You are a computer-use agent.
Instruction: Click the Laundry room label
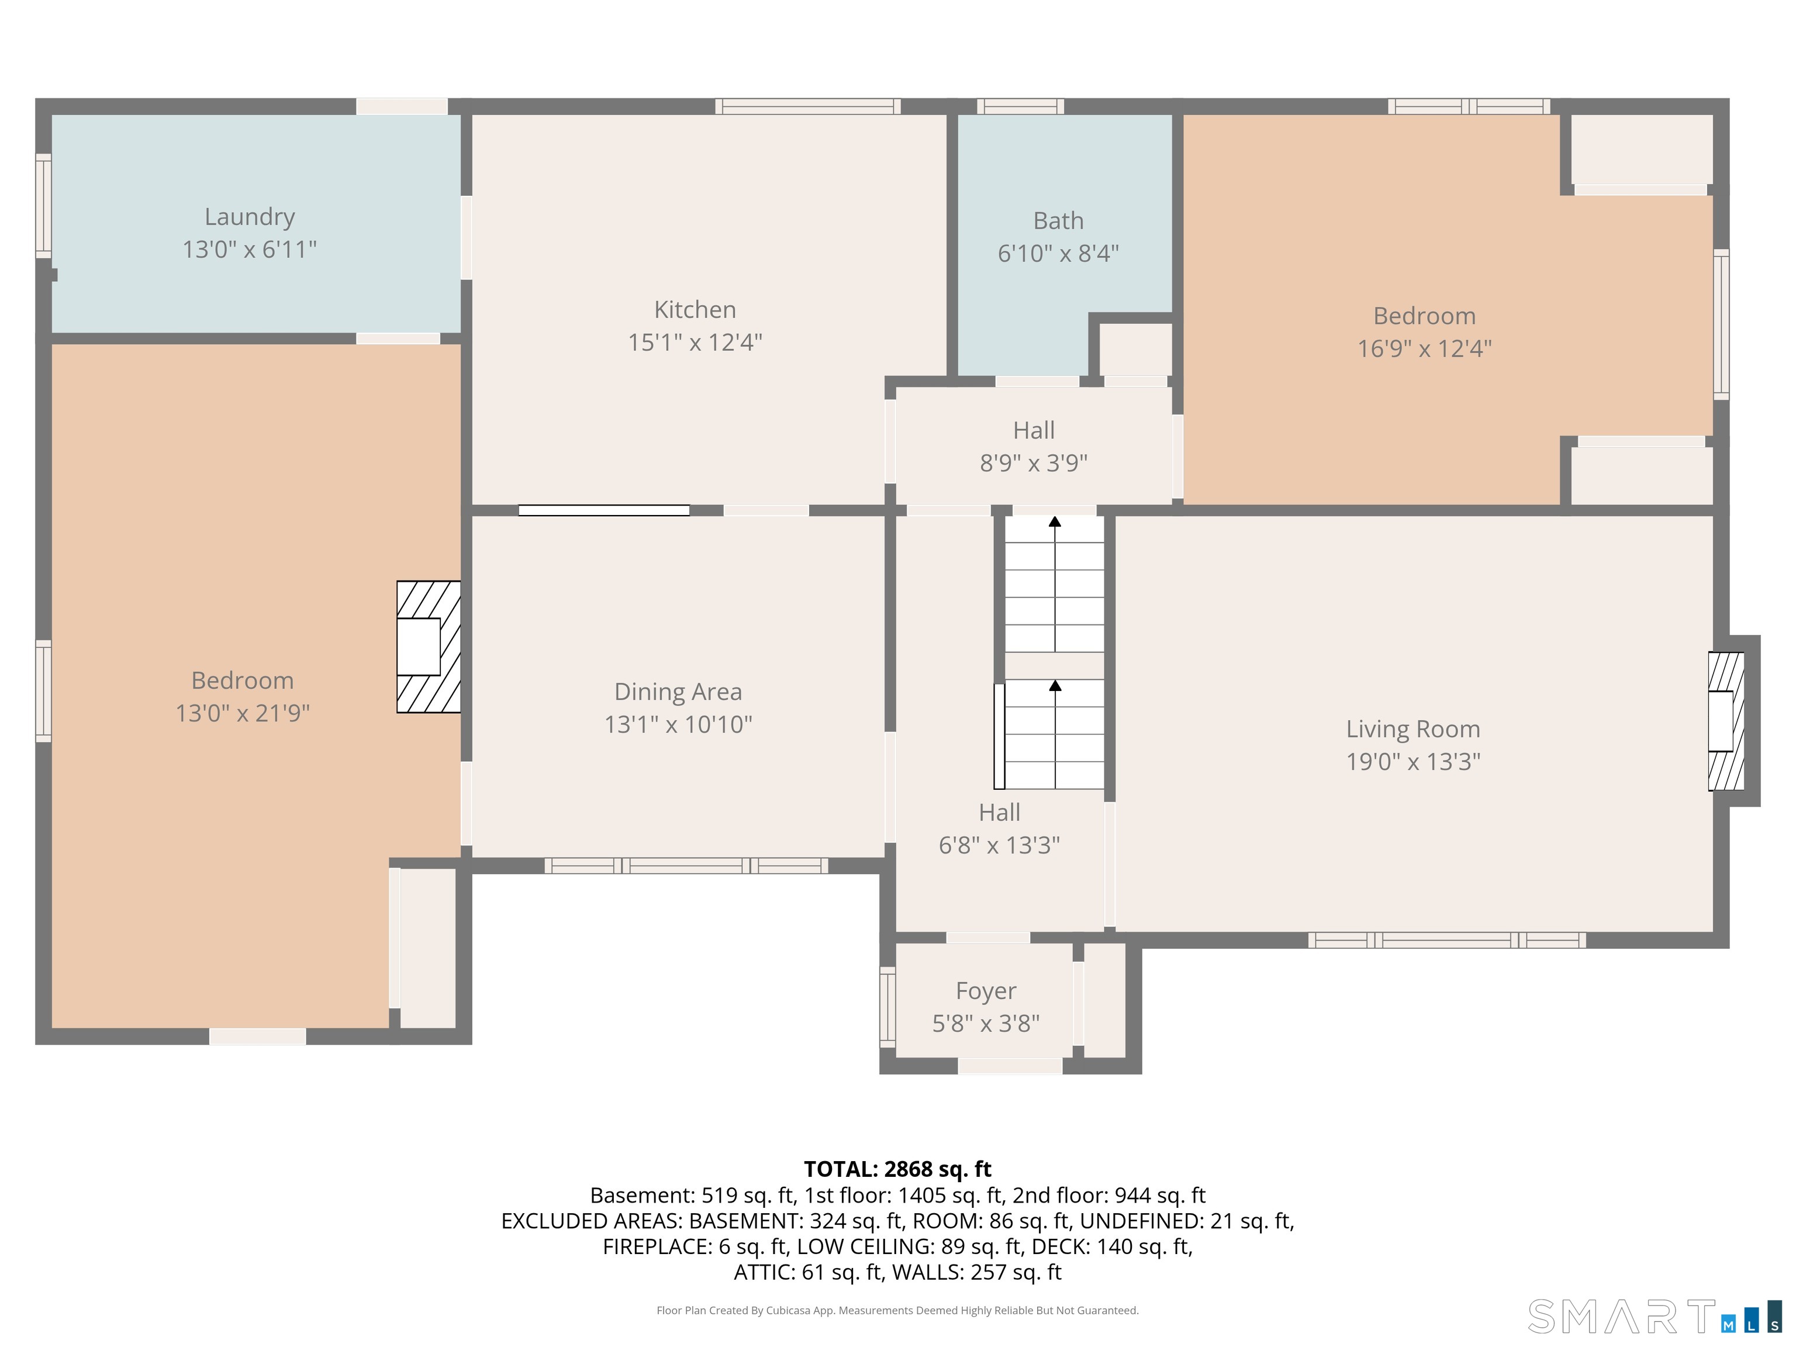[x=249, y=217]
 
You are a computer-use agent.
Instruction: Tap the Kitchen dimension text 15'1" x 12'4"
[x=695, y=342]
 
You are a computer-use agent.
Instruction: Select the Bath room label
[x=1058, y=221]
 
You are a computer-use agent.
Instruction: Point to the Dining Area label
[x=678, y=692]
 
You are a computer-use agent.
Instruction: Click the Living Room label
[x=1412, y=729]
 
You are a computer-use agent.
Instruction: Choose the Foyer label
[x=986, y=992]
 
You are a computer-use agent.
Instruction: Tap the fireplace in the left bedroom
[x=429, y=647]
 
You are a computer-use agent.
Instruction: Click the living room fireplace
[x=1726, y=721]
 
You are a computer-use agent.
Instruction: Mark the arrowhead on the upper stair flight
[x=1055, y=521]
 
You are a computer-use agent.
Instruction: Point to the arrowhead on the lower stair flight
[x=1055, y=685]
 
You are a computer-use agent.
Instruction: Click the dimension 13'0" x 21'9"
[x=243, y=713]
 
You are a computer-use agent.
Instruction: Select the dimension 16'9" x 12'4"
[x=1424, y=348]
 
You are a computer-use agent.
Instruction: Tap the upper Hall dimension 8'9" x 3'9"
[x=1034, y=463]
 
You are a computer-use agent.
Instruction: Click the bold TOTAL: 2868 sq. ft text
[x=897, y=1169]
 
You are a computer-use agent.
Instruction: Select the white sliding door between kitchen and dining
[x=604, y=511]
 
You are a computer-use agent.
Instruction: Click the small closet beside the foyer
[x=1104, y=1000]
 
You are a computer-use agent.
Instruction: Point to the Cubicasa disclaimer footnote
[x=897, y=1311]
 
